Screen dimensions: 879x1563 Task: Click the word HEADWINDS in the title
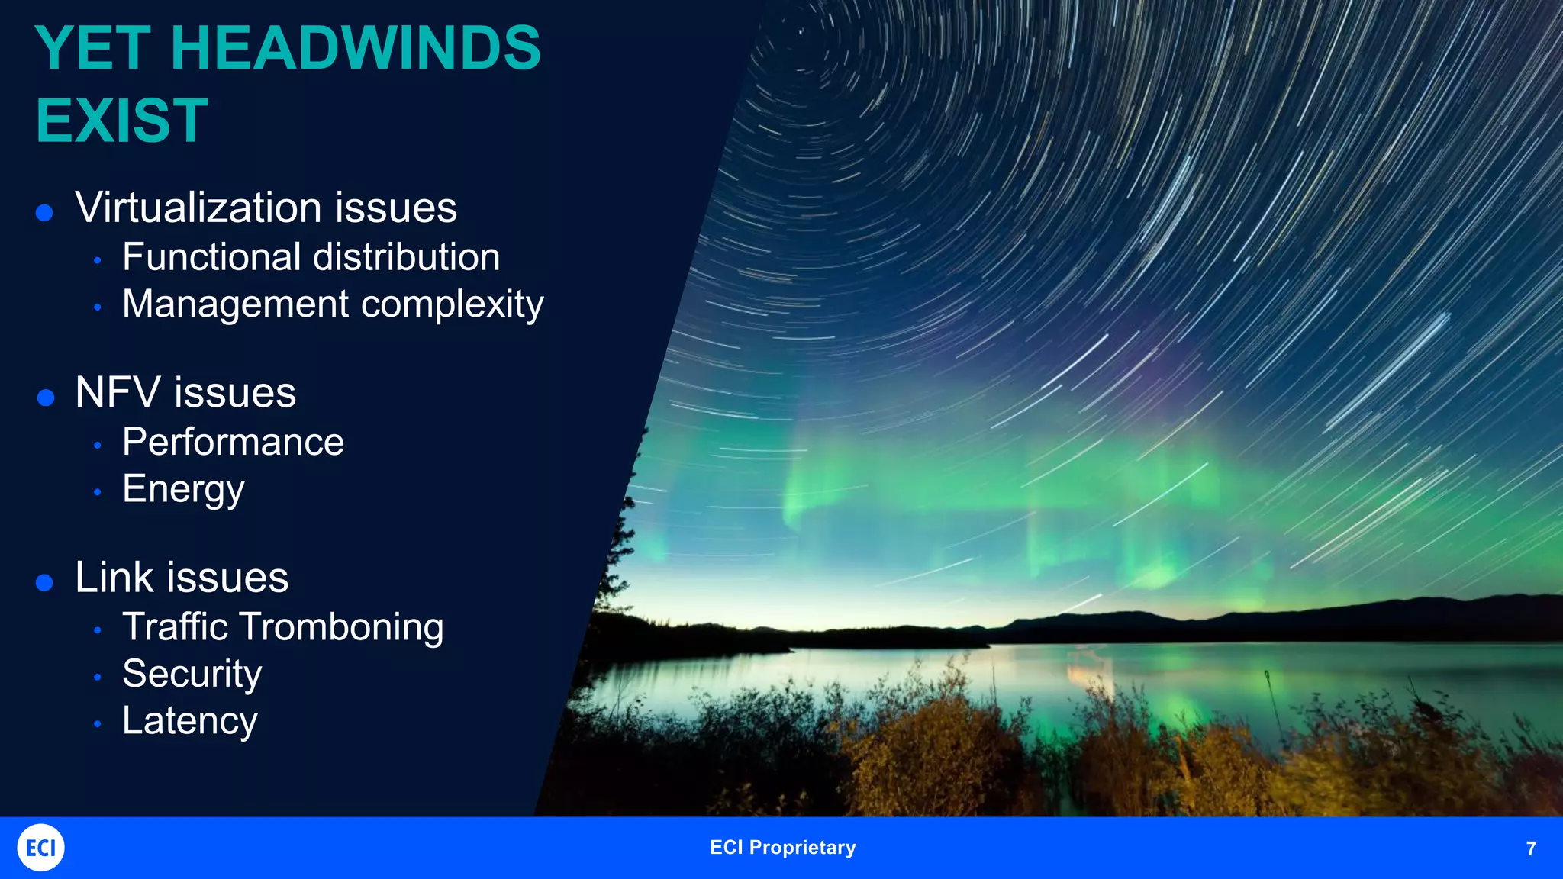point(356,49)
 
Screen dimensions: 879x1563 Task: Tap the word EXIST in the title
point(122,121)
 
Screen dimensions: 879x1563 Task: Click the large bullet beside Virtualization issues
point(44,212)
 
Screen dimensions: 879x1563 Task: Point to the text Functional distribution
point(311,257)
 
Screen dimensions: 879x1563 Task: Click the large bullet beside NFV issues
point(46,398)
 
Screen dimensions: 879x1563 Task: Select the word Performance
point(233,443)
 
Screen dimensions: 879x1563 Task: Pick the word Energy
point(183,489)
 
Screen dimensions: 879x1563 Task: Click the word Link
point(114,578)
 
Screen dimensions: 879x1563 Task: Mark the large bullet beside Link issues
point(44,583)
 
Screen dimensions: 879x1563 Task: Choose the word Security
point(192,674)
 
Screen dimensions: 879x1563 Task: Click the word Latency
point(189,721)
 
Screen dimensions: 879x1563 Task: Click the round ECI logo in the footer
point(40,848)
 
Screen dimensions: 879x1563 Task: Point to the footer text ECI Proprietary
point(782,848)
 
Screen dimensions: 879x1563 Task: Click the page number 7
point(1530,848)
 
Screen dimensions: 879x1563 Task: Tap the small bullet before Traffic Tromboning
point(98,631)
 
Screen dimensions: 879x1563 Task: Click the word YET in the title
point(92,49)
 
